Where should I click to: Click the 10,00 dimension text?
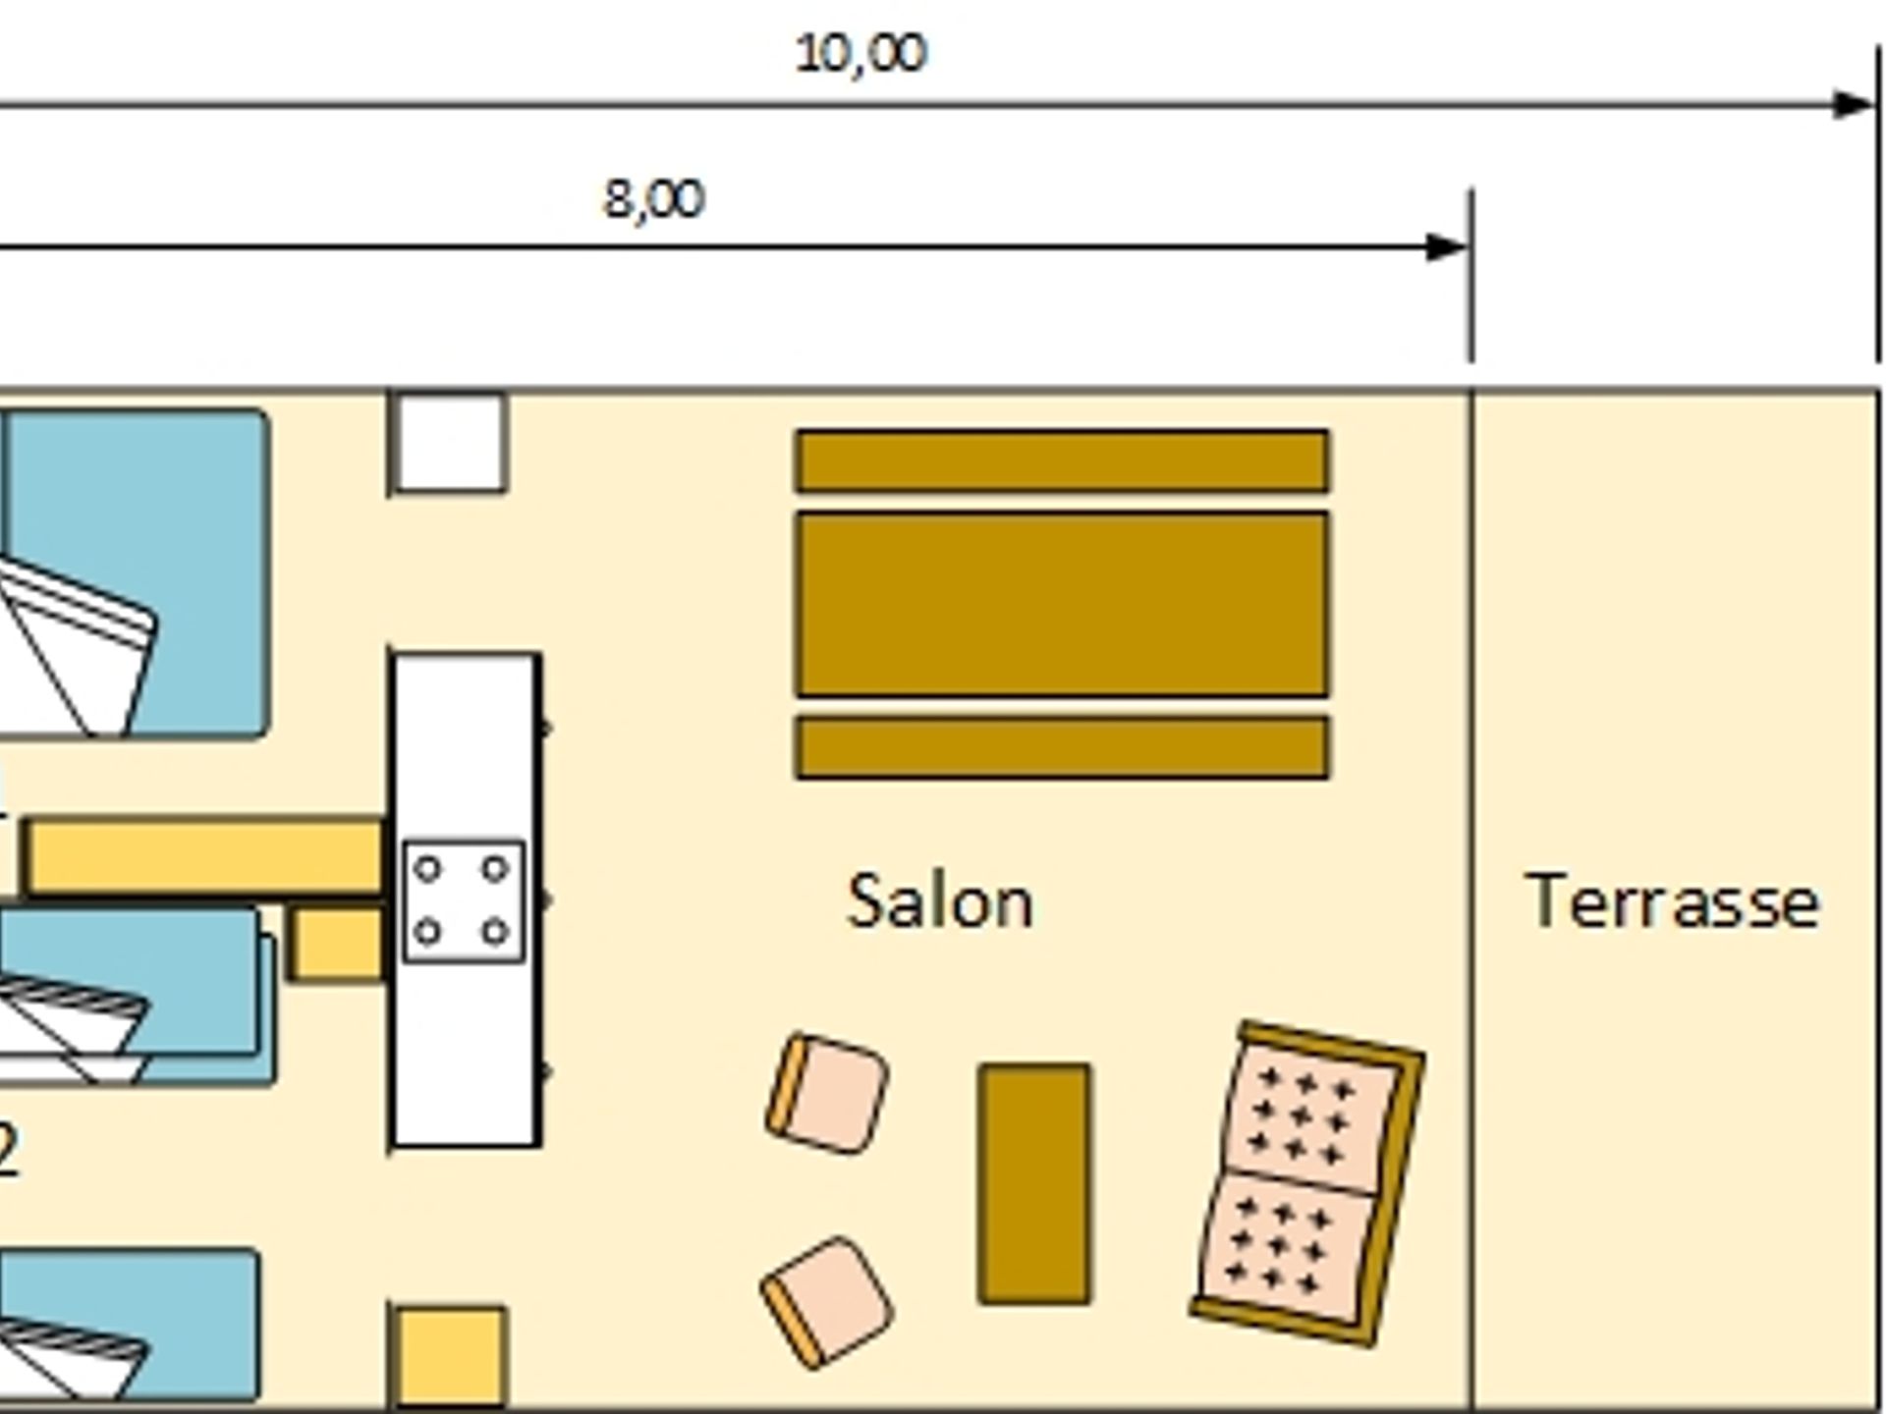click(x=860, y=53)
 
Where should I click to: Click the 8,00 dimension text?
click(x=653, y=198)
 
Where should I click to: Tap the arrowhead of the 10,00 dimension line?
click(x=1854, y=104)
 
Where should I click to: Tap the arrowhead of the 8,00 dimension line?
click(x=1447, y=246)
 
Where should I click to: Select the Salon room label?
click(x=940, y=901)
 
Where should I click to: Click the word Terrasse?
click(x=1672, y=901)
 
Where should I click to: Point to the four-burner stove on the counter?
click(x=464, y=901)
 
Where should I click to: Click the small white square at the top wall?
click(x=451, y=442)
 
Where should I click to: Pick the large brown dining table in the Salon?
click(x=1062, y=605)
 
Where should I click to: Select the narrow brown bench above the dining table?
click(x=1062, y=461)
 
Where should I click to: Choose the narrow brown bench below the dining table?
click(x=1062, y=748)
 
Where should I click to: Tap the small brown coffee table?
click(x=1034, y=1184)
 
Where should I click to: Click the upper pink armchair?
click(x=828, y=1093)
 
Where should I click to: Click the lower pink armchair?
click(x=827, y=1302)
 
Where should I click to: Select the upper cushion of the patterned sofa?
click(x=1310, y=1118)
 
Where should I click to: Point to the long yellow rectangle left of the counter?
click(x=204, y=857)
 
